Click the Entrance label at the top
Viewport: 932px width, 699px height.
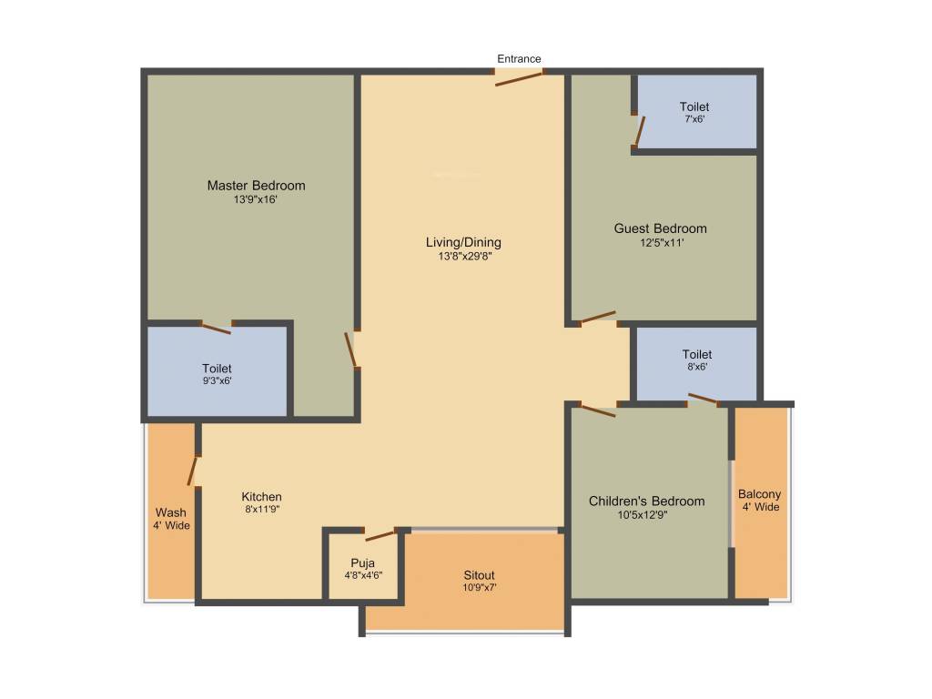[519, 59]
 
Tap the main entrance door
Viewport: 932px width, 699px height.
[519, 77]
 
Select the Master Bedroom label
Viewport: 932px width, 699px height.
[256, 186]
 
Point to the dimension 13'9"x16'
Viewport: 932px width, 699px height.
[256, 199]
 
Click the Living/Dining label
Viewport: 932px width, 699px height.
[463, 242]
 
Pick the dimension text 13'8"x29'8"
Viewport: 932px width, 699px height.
[463, 257]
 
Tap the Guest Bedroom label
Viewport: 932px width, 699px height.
[660, 228]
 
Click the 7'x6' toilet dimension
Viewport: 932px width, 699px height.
[696, 119]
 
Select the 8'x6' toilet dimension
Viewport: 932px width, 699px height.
[696, 367]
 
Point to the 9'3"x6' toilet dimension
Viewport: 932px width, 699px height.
[217, 381]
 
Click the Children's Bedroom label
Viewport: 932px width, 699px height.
[646, 501]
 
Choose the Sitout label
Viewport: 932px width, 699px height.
[479, 575]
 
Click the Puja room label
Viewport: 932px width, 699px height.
[362, 562]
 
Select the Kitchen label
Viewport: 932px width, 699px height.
[261, 496]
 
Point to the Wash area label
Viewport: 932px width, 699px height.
[170, 512]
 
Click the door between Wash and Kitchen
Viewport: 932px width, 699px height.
[192, 470]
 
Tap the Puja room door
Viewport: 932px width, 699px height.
[379, 534]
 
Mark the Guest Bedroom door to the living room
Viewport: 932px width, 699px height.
[598, 318]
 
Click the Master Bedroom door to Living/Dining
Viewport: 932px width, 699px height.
[351, 349]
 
